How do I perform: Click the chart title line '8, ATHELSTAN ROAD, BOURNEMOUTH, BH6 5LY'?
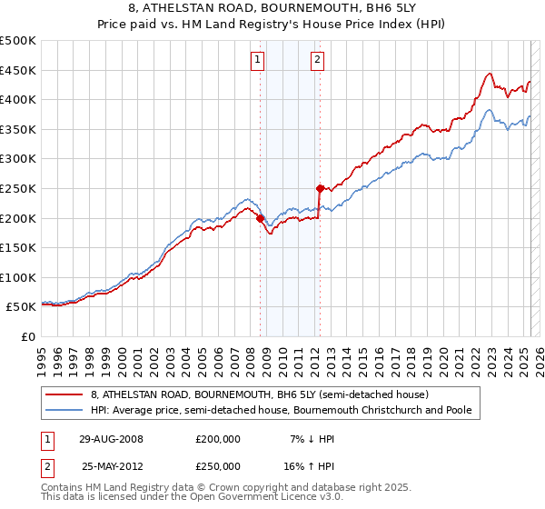272,9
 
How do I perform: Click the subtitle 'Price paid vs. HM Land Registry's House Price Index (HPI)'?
272,25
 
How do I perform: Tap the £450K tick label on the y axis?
18,70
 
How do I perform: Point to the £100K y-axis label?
18,277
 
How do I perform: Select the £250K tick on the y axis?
18,188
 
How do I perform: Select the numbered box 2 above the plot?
318,60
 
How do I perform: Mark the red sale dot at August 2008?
260,218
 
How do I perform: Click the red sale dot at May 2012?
320,188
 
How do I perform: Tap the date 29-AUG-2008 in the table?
112,439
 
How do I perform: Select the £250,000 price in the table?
218,465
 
